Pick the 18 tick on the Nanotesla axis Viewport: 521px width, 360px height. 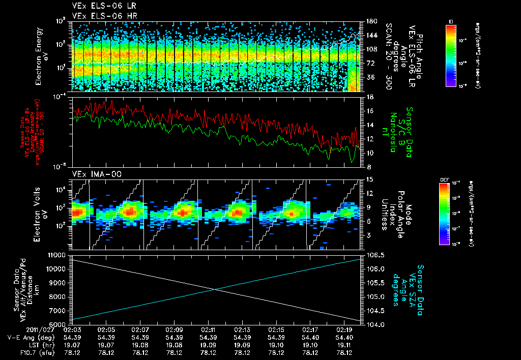point(370,97)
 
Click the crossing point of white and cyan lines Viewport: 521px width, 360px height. point(215,289)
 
